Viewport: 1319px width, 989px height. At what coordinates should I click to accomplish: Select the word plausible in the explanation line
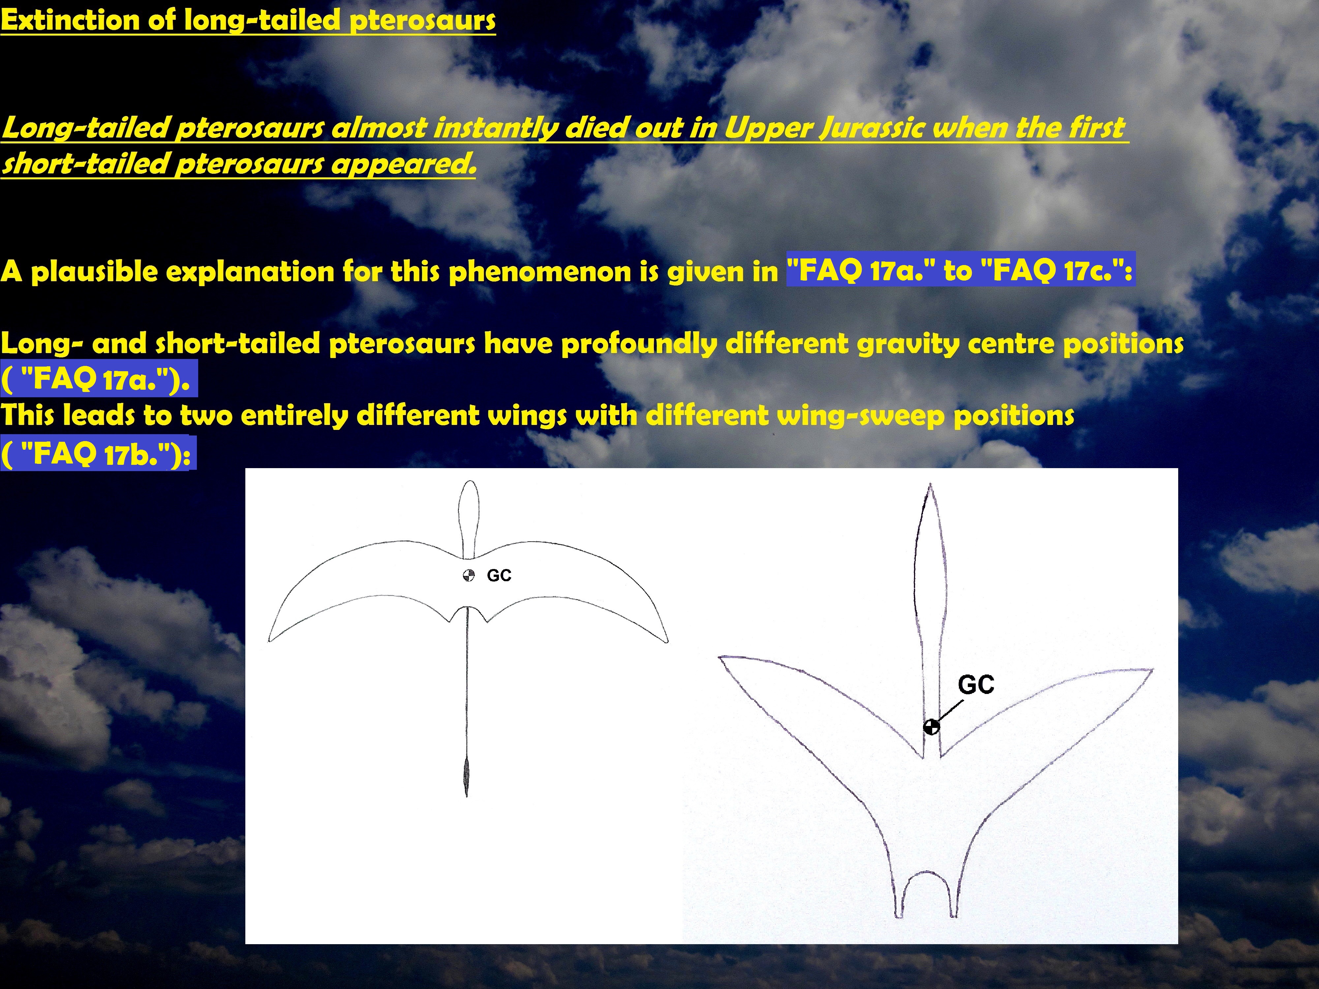coord(95,272)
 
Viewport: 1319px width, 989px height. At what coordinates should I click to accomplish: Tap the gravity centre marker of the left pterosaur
coord(469,575)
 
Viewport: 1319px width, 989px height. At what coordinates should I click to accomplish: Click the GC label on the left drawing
coord(499,575)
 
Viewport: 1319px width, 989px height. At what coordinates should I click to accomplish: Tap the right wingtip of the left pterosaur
coord(667,642)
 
